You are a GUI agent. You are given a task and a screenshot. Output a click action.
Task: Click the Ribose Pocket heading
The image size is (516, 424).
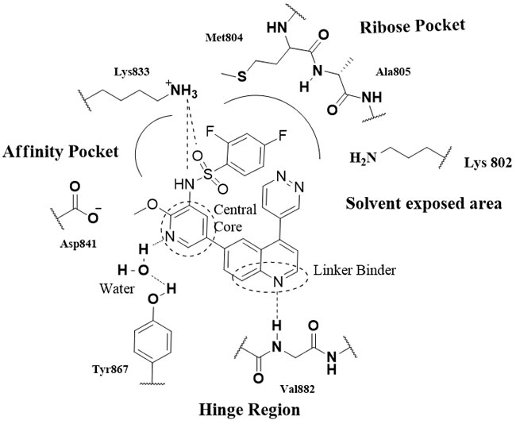[x=423, y=25]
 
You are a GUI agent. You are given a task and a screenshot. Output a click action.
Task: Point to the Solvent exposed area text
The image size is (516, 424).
[x=423, y=204]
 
